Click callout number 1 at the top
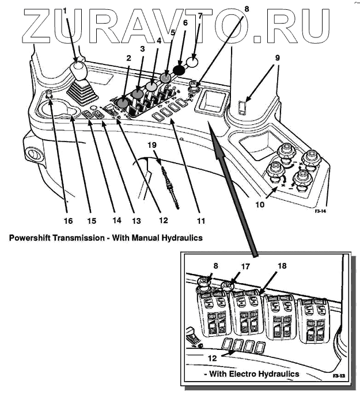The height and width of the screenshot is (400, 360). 65,10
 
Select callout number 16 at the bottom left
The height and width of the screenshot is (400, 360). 67,220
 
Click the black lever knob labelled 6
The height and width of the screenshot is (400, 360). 179,69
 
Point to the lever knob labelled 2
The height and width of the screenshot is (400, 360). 123,103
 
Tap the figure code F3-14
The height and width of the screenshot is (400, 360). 322,212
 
